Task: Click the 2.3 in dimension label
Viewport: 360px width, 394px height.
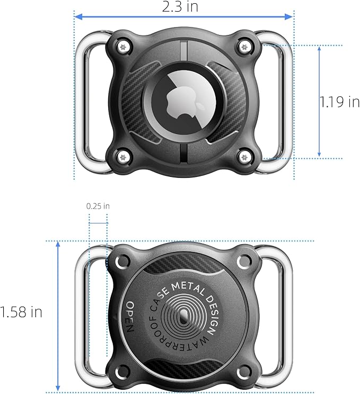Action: point(180,6)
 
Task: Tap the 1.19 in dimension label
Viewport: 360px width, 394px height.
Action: point(339,102)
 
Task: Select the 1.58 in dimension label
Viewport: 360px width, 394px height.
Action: point(21,312)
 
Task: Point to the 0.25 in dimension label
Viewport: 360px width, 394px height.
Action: point(98,207)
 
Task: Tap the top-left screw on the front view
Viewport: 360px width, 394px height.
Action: point(123,47)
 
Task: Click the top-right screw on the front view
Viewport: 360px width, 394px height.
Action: point(244,47)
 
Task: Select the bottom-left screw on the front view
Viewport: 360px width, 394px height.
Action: point(123,158)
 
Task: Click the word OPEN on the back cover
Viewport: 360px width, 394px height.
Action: point(129,317)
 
